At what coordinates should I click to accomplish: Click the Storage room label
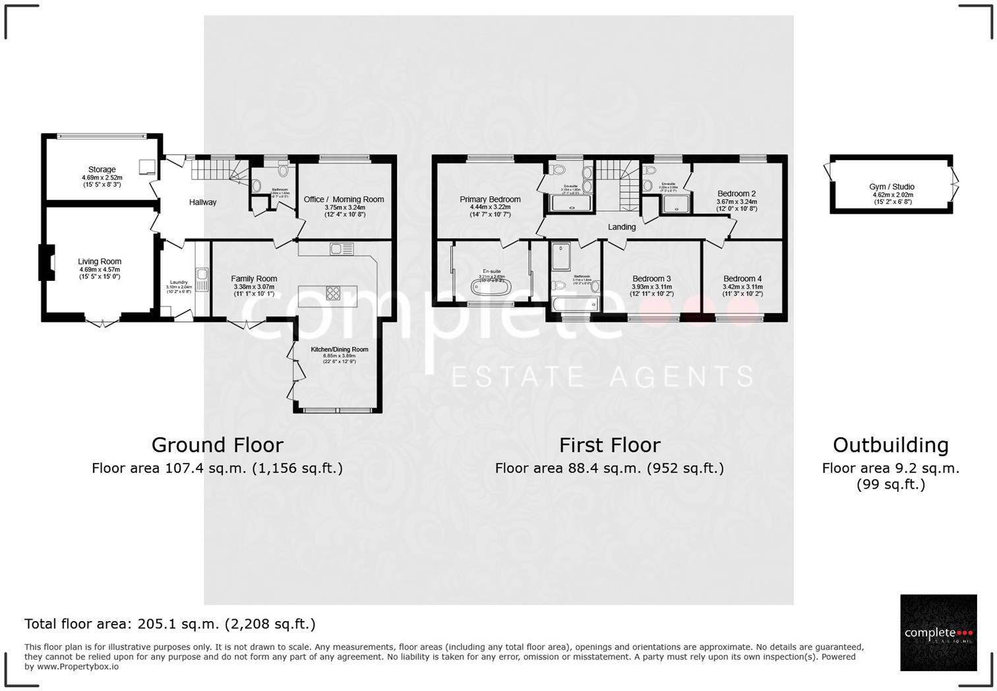[x=102, y=170]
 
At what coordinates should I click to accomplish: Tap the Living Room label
[x=100, y=262]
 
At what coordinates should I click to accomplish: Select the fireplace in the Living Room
[x=47, y=262]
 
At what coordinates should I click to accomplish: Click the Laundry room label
[x=179, y=283]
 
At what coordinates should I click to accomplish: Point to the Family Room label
[x=254, y=279]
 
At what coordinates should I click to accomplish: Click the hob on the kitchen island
[x=333, y=292]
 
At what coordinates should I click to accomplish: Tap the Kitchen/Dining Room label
[x=340, y=349]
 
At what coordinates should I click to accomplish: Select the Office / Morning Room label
[x=344, y=200]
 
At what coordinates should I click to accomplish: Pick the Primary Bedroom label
[x=490, y=200]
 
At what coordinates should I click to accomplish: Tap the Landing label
[x=622, y=227]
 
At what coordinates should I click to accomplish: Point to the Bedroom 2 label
[x=737, y=194]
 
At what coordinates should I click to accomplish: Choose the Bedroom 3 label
[x=651, y=279]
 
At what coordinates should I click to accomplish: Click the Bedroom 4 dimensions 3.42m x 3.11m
[x=742, y=287]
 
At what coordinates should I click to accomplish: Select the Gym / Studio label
[x=891, y=187]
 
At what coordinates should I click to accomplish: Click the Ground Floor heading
[x=218, y=445]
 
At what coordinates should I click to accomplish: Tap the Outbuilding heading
[x=890, y=445]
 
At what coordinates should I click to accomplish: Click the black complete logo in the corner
[x=938, y=632]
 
